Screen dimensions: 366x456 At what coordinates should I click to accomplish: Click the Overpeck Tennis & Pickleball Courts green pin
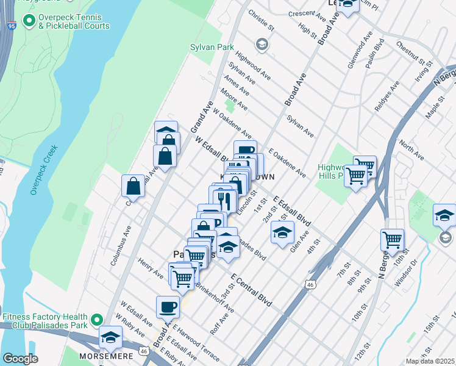(x=29, y=21)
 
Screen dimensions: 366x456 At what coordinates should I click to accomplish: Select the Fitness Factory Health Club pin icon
(x=96, y=320)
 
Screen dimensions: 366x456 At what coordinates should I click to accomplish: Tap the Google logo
(x=20, y=359)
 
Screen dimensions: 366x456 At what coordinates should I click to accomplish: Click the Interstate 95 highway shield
(x=12, y=26)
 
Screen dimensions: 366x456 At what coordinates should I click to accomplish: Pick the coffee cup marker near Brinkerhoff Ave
(x=168, y=306)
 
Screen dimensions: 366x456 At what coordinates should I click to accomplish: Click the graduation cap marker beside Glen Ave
(x=282, y=232)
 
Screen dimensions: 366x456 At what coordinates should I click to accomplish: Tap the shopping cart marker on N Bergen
(x=393, y=239)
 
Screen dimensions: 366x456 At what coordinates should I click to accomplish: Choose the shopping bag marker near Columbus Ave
(x=133, y=186)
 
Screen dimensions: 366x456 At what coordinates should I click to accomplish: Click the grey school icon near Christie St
(x=262, y=44)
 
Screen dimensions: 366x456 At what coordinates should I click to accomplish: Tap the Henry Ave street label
(x=151, y=268)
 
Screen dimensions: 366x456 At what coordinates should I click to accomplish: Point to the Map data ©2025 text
(x=430, y=361)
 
